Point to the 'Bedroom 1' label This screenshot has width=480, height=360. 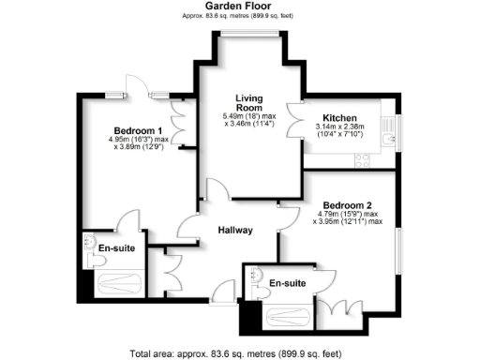pos(138,130)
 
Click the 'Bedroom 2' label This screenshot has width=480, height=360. pos(348,205)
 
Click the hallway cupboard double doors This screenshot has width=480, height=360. pos(172,274)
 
